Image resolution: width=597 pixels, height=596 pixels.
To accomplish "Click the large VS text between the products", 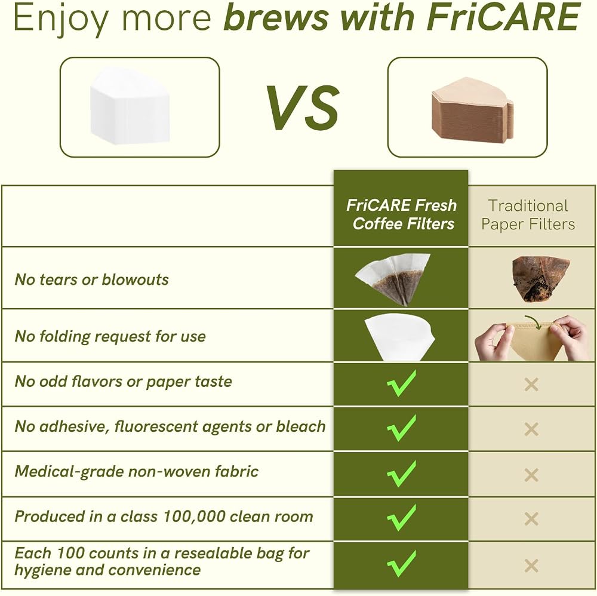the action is point(302,107).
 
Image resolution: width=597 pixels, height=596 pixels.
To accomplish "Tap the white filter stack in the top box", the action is point(130,107).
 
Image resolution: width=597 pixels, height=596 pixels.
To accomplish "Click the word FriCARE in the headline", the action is point(503,17).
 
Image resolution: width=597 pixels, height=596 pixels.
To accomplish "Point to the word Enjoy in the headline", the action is point(60,20).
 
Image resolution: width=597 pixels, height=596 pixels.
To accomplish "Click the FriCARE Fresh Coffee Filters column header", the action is point(401,214).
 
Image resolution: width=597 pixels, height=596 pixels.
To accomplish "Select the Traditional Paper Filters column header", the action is point(528,215).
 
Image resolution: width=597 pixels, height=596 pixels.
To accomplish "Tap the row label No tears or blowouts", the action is point(91,279).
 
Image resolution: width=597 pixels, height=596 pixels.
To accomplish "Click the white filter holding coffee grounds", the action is point(393,278).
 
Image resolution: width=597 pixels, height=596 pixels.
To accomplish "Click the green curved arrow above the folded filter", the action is point(533,322).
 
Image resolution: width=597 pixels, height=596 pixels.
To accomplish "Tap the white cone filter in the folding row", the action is point(399,337).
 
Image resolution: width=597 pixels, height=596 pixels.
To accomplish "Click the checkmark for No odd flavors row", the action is point(401,383).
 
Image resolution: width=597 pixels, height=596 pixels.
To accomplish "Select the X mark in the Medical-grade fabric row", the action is point(531,475).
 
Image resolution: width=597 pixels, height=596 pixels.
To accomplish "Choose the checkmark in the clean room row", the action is point(401,518).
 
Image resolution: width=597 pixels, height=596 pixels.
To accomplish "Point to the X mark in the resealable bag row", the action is point(531,566).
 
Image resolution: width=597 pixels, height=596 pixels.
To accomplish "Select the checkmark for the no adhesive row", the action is point(401,428).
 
